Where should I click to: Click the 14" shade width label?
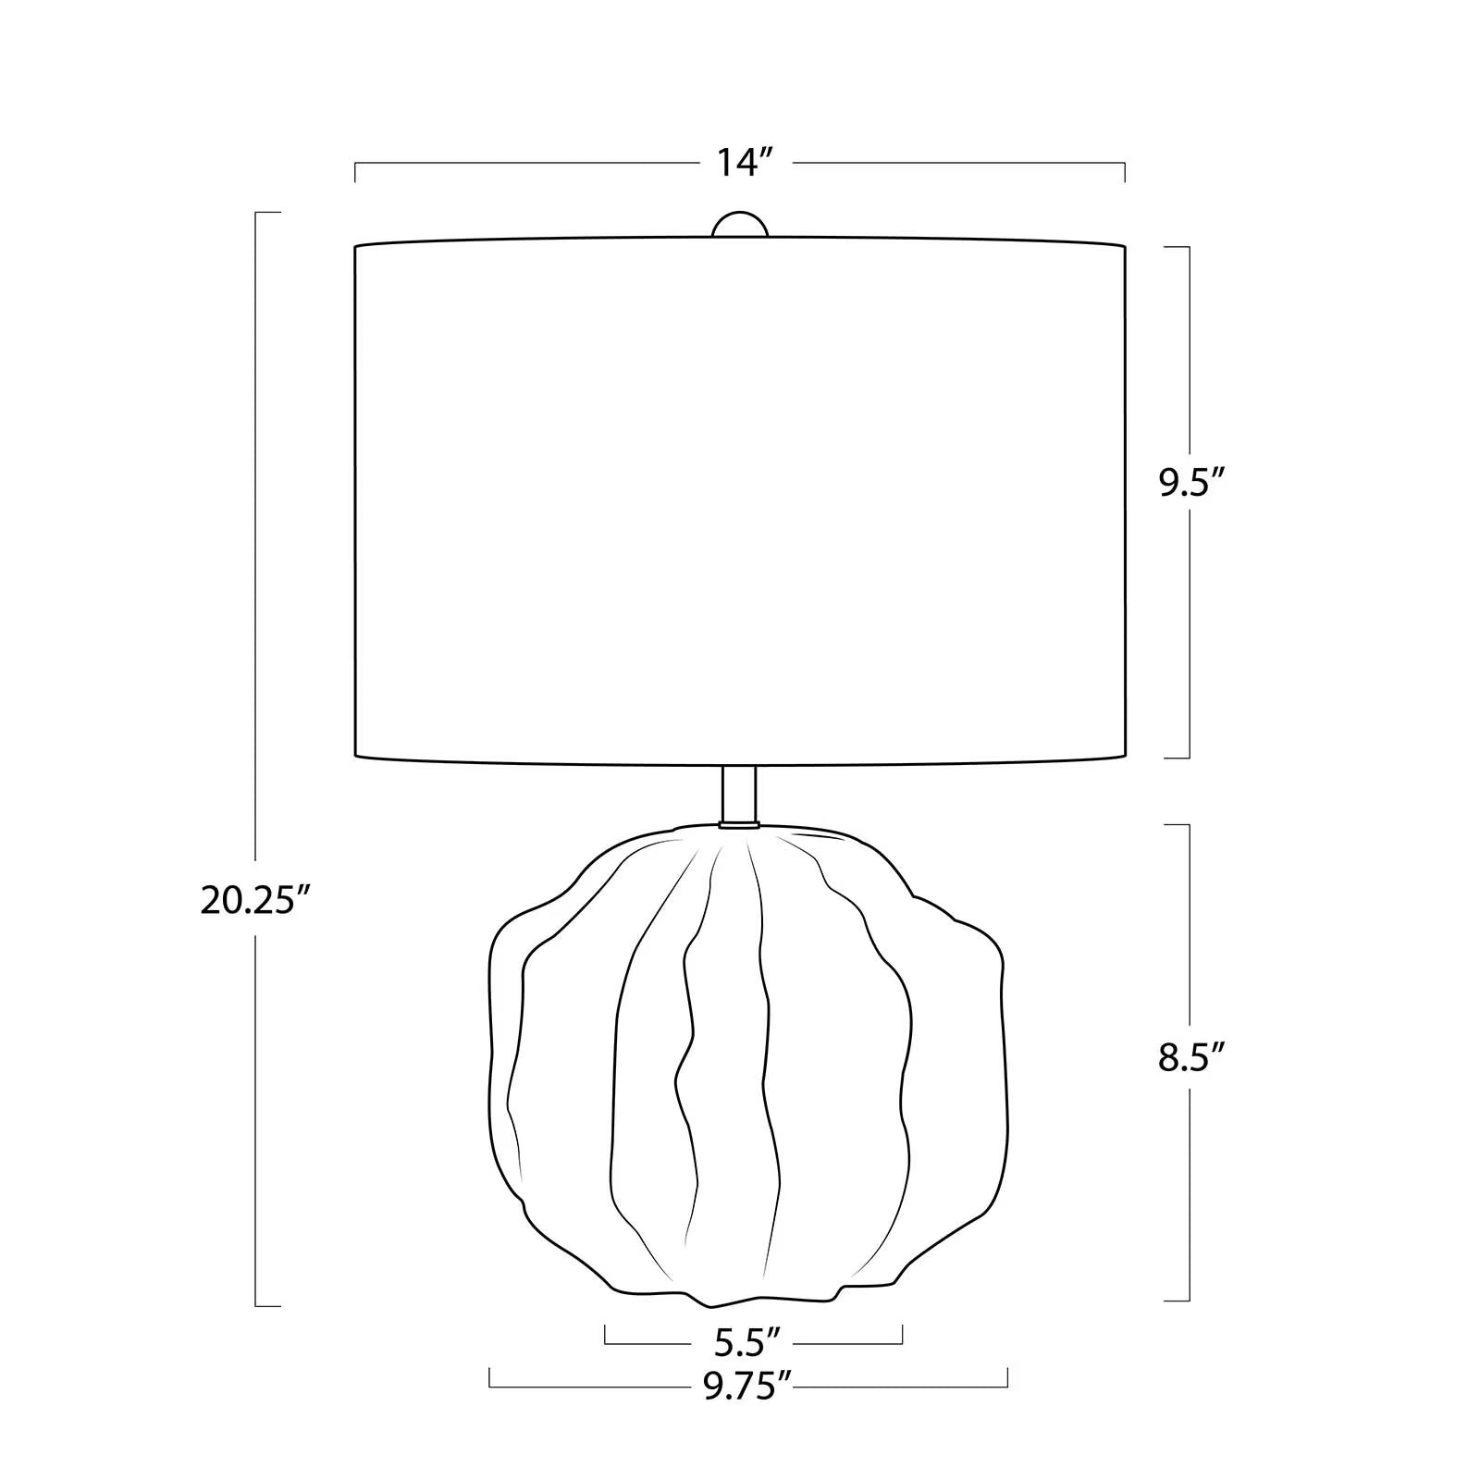coord(746,164)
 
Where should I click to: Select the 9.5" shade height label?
coord(1192,483)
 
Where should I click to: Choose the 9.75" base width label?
coord(748,1387)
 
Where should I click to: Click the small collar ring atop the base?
coord(738,823)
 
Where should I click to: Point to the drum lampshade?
coord(740,503)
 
